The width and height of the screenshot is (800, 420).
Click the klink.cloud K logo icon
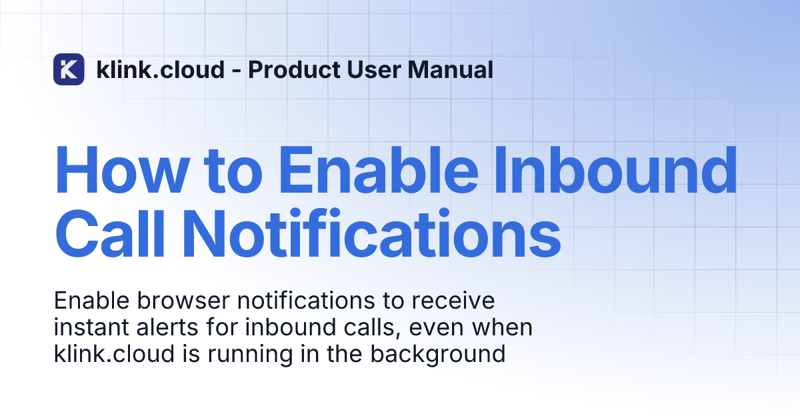(x=69, y=69)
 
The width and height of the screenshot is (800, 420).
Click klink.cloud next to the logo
(x=161, y=69)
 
